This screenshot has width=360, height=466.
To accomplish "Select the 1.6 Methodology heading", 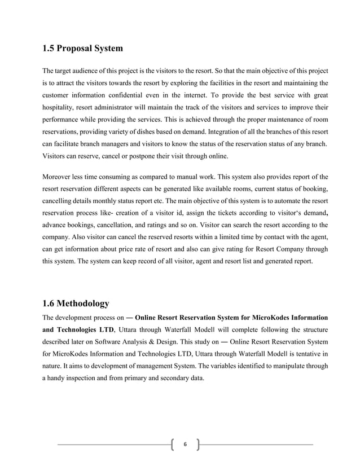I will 76,304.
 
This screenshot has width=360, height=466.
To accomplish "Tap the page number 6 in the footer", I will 185,445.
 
